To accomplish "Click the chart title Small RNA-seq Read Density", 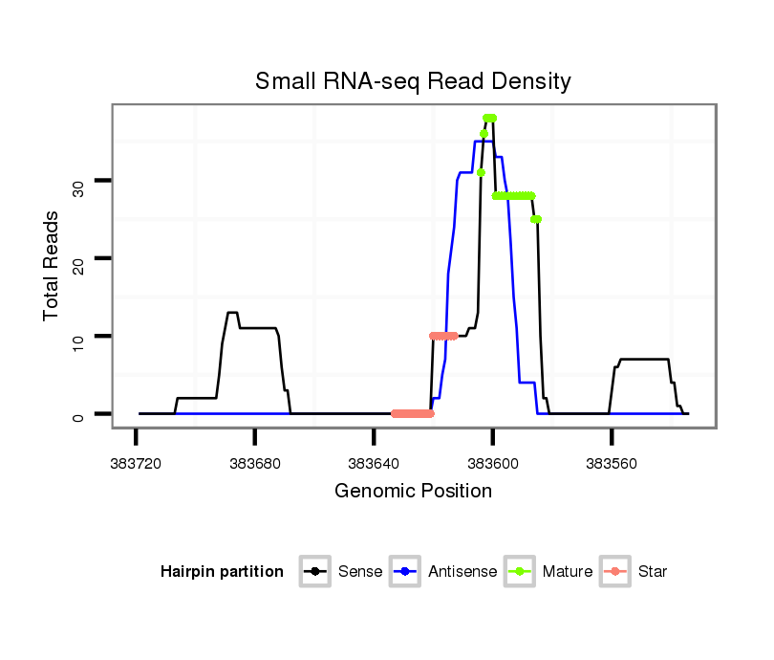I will click(x=413, y=81).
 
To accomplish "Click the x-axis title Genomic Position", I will click(x=413, y=492).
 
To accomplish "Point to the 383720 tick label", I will click(x=136, y=463).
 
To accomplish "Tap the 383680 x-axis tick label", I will click(x=255, y=463).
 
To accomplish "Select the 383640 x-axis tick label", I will click(x=374, y=463).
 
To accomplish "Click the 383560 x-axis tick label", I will click(x=612, y=463).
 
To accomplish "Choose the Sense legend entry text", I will click(x=360, y=572).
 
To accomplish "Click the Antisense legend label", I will click(x=462, y=572).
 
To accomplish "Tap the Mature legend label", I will click(x=567, y=572).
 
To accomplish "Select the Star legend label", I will click(x=653, y=572).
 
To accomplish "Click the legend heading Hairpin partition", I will click(x=222, y=572).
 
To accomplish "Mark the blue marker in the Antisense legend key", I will click(x=406, y=572).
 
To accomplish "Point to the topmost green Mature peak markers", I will click(x=489, y=119).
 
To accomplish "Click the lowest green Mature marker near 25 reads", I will click(x=536, y=220).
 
